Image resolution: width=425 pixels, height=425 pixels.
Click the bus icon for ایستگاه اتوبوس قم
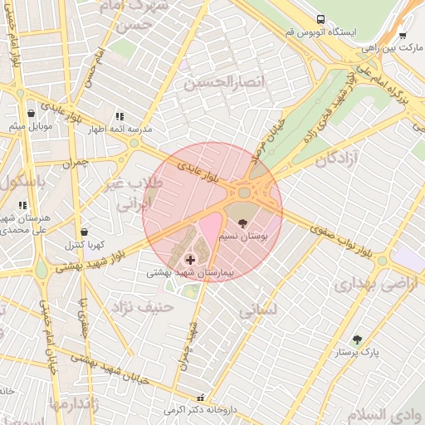320,18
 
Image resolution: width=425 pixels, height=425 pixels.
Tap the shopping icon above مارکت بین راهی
403,36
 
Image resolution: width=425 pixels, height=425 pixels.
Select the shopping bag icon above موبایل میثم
31,113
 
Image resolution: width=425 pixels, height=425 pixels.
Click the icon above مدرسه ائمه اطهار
120,117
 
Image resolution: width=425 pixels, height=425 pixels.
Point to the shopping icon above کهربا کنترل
83,232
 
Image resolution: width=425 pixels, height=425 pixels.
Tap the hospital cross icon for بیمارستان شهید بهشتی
190,261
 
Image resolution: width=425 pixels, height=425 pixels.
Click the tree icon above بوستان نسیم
242,223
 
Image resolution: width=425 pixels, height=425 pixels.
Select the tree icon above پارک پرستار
358,339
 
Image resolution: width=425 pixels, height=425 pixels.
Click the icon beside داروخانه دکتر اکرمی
198,398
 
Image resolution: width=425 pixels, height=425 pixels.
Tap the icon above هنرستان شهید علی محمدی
22,204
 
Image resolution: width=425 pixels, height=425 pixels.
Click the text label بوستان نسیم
242,237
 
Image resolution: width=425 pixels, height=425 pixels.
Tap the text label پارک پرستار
358,353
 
